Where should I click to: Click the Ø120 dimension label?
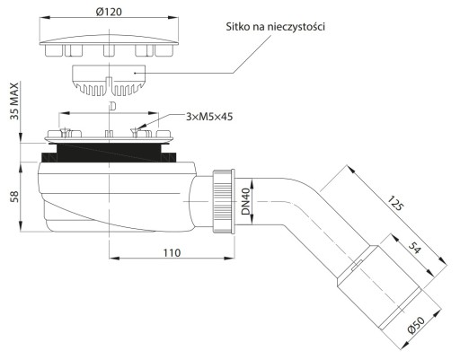[109, 12]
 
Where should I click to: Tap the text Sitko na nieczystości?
[275, 27]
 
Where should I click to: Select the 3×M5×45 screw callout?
[209, 117]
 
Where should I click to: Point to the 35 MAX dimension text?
[14, 101]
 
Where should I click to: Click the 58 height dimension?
[14, 197]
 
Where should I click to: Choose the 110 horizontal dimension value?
[172, 253]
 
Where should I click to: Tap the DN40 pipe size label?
[246, 201]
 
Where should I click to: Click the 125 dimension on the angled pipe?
[396, 203]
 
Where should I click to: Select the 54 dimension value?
[415, 248]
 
